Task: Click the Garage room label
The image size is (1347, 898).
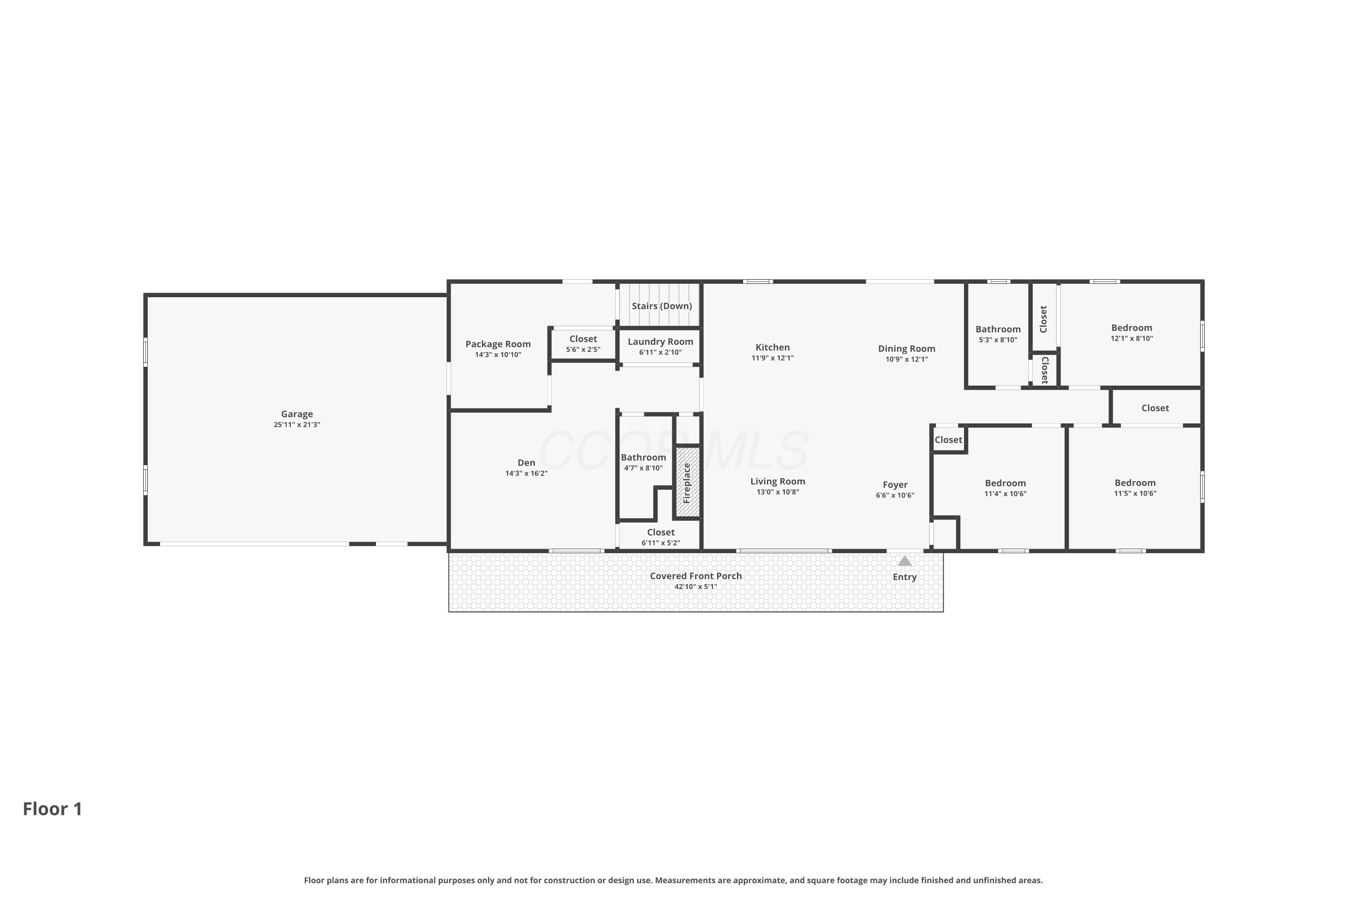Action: click(297, 414)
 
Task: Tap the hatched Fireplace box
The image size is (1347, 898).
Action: click(688, 483)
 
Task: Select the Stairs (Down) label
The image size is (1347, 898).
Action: click(661, 306)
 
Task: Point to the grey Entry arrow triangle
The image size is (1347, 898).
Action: click(904, 561)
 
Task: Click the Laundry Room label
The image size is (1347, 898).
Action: click(660, 342)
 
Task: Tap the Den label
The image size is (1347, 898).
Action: click(526, 463)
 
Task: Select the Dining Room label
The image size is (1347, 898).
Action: click(907, 349)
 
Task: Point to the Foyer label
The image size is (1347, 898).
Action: click(895, 485)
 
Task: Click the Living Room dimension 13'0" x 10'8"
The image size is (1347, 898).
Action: click(778, 492)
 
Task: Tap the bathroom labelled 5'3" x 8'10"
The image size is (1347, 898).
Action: click(998, 335)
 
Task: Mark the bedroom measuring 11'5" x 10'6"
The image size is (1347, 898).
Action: click(1135, 488)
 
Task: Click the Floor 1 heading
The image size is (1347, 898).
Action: click(53, 809)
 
